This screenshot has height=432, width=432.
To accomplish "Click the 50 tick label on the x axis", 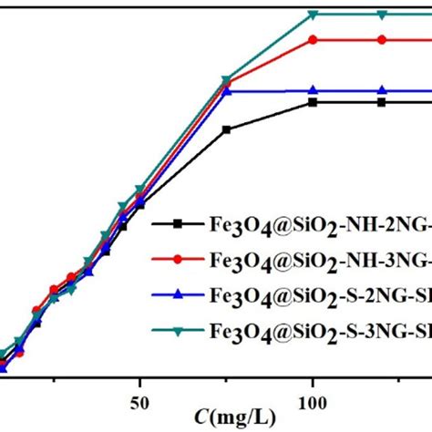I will coord(139,402).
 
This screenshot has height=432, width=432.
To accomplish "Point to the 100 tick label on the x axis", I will coord(313,402).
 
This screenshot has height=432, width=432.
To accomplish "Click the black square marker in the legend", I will coord(179,223).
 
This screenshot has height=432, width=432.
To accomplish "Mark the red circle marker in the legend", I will coord(179,258).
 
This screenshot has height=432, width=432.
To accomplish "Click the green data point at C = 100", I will coord(313,15).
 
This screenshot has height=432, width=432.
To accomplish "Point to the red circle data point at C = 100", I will coord(313,39).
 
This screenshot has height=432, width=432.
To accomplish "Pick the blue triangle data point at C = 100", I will coord(313,90).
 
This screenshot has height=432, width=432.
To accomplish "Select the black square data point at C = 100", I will coord(313,102).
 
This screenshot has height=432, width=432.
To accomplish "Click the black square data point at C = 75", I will coord(226,129).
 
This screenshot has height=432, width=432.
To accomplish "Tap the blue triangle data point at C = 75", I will coord(227,91).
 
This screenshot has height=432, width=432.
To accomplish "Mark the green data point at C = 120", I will coord(382,15).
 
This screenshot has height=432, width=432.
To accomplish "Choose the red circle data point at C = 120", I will coord(382,39).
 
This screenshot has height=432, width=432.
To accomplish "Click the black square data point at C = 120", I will coord(382,102).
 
